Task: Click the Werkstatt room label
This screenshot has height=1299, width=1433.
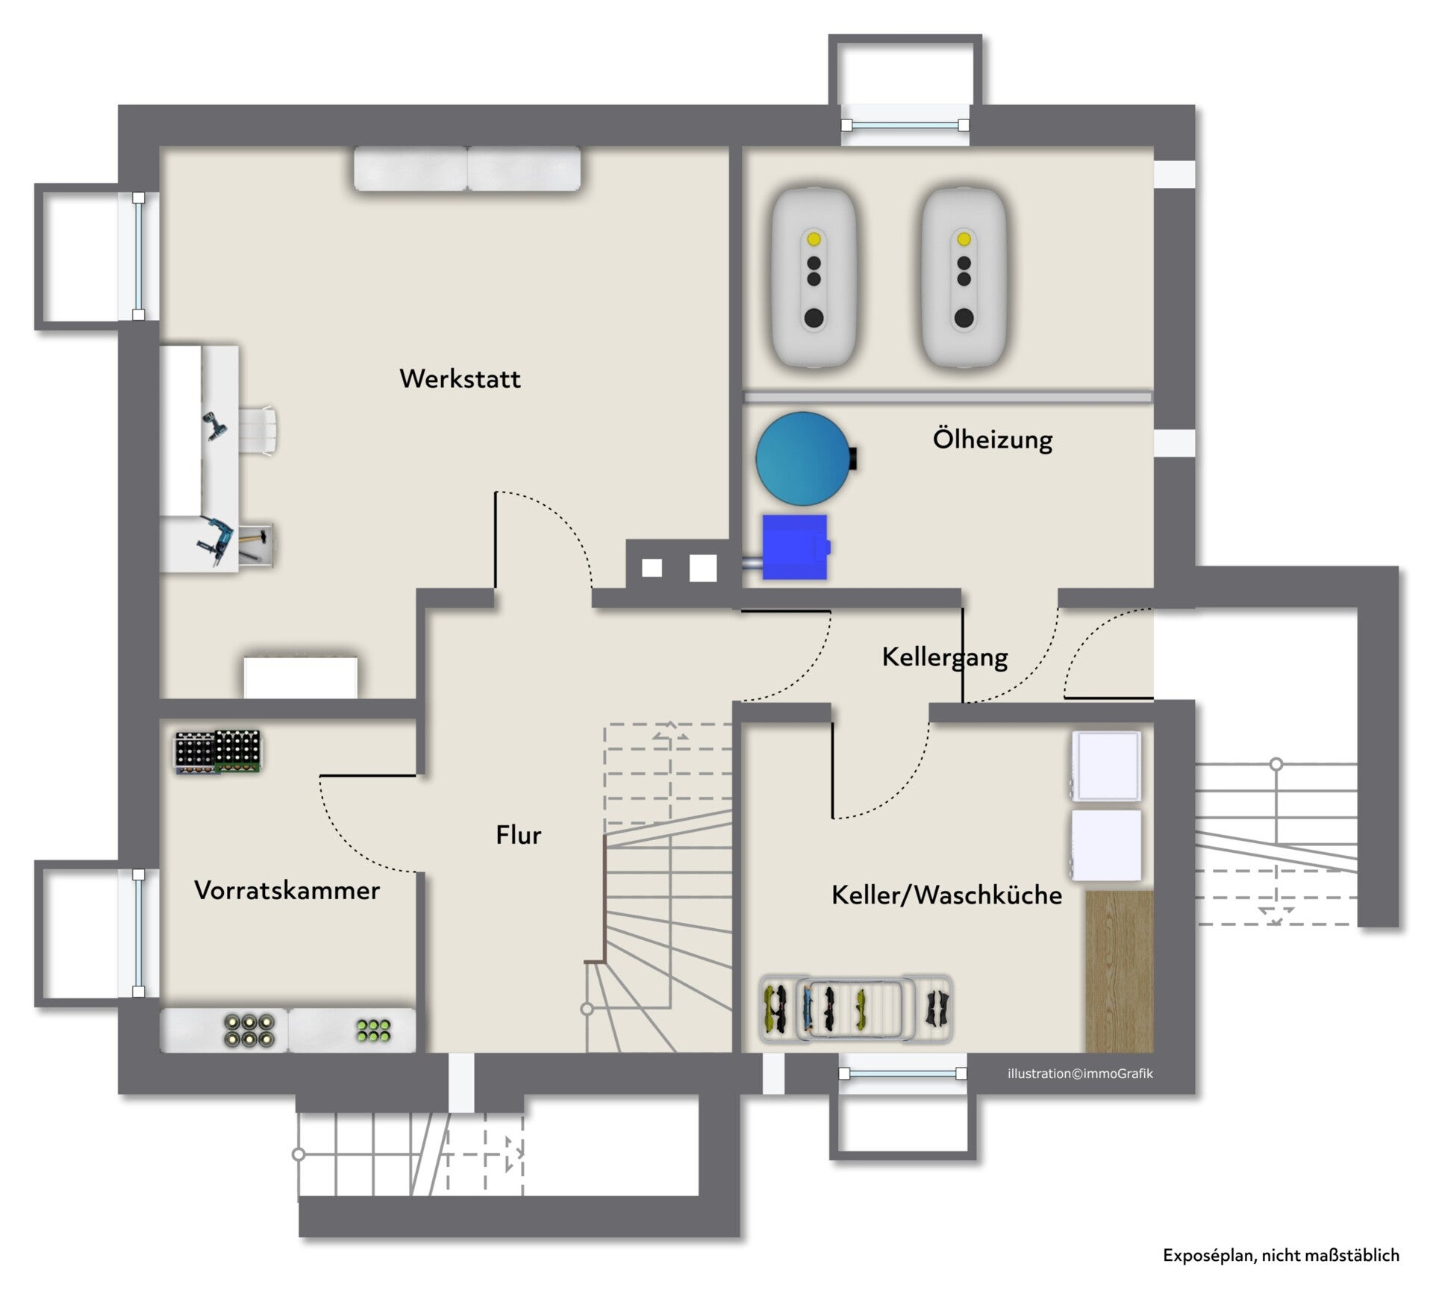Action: (x=460, y=378)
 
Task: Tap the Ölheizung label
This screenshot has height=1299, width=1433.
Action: (x=993, y=439)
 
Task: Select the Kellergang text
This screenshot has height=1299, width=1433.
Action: (x=945, y=657)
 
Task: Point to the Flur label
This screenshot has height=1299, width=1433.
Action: (x=518, y=834)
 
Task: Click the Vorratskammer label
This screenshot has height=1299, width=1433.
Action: (x=287, y=889)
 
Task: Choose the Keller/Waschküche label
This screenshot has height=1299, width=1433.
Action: (x=946, y=895)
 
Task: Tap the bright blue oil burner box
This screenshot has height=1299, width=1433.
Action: (x=796, y=547)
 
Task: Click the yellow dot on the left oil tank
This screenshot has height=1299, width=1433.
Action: (x=814, y=239)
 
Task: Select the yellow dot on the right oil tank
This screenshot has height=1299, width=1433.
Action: (x=964, y=239)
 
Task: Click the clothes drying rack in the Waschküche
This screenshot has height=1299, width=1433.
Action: (x=856, y=1008)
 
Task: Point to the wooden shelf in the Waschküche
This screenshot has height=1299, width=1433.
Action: (x=1119, y=971)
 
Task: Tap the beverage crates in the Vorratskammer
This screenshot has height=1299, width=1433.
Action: (x=218, y=751)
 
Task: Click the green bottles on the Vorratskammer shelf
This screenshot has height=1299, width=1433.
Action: (x=374, y=1030)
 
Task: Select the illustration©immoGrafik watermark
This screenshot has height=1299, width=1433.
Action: (x=1080, y=1074)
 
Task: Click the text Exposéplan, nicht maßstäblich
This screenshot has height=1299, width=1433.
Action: (x=1281, y=1256)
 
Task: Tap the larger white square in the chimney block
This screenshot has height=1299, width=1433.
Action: (x=703, y=568)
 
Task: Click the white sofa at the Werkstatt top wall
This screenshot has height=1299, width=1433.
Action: (x=467, y=169)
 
